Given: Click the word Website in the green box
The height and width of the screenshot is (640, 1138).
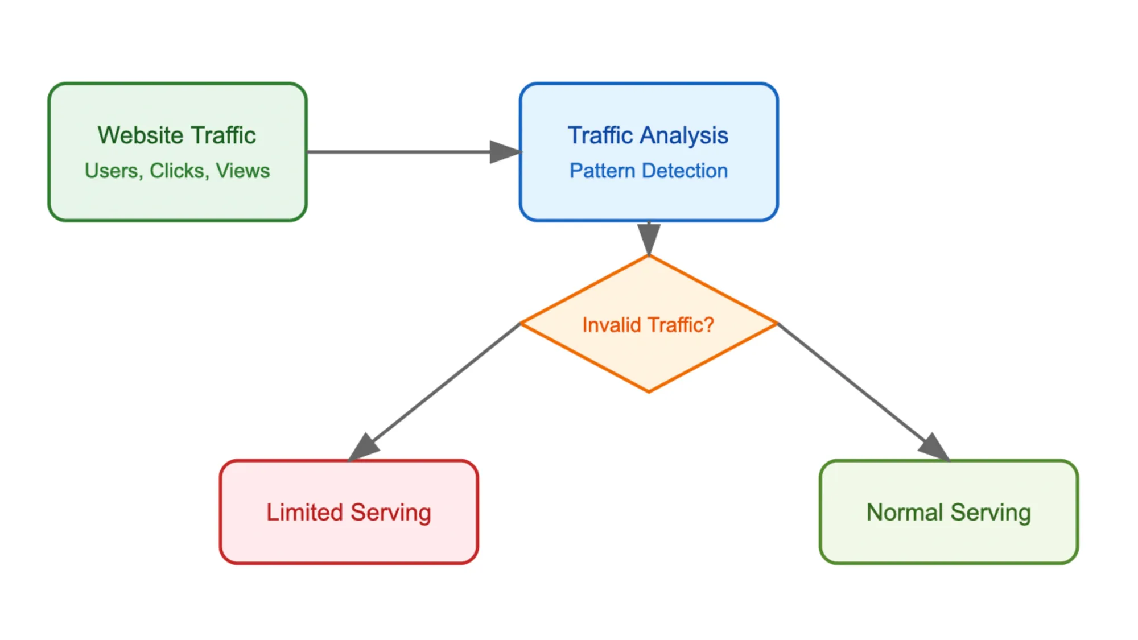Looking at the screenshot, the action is coord(140,135).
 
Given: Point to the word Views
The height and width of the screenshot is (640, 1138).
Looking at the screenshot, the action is coord(243,171).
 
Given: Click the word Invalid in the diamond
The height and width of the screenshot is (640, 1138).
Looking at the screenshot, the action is coord(612,325).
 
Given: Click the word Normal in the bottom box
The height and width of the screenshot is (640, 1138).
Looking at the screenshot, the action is coord(905,512).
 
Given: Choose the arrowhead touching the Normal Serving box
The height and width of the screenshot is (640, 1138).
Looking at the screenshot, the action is coord(934,447).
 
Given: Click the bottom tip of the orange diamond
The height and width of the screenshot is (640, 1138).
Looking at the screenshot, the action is coord(649,391).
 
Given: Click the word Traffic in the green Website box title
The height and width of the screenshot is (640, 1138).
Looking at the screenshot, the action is coord(223,135).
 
